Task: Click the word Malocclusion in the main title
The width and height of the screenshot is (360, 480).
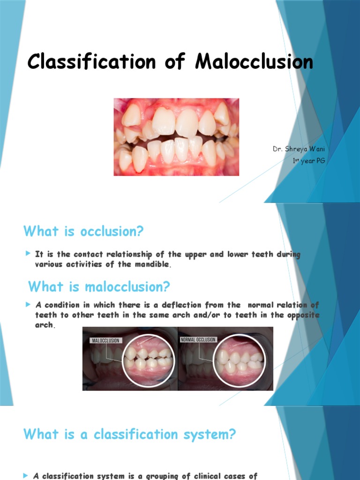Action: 254,62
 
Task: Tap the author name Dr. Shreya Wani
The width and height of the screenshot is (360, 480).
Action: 299,149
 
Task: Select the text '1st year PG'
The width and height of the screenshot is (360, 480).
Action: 308,161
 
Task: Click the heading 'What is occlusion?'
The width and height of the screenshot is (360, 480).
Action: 83,231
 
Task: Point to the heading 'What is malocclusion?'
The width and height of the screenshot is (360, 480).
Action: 99,286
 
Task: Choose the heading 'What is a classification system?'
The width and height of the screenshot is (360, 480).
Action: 129,435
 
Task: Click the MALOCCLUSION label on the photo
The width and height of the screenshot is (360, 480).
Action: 105,340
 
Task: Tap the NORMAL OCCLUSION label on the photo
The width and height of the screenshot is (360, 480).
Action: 198,339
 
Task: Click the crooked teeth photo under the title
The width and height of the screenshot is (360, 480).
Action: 176,137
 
